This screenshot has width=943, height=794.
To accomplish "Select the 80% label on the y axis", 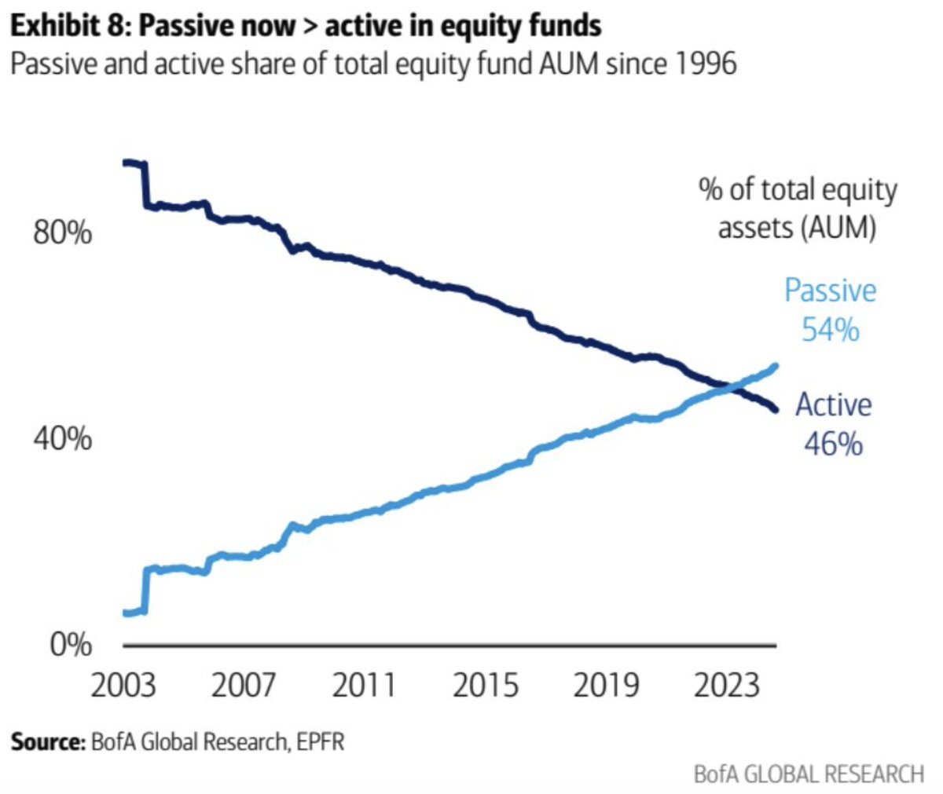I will tap(62, 233).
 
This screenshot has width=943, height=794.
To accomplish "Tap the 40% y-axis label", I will tap(62, 438).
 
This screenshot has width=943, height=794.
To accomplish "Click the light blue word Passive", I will tap(830, 291).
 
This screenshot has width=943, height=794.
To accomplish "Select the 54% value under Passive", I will tap(830, 329).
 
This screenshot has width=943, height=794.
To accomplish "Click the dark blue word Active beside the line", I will tap(833, 405).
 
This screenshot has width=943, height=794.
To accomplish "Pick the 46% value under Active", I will tap(833, 444).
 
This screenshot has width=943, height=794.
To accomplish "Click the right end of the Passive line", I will tap(776, 366).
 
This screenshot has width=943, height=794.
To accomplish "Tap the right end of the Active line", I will tap(776, 409).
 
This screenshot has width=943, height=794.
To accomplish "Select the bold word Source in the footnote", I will tap(46, 741).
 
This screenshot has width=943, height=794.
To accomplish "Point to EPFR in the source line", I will tap(320, 741).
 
